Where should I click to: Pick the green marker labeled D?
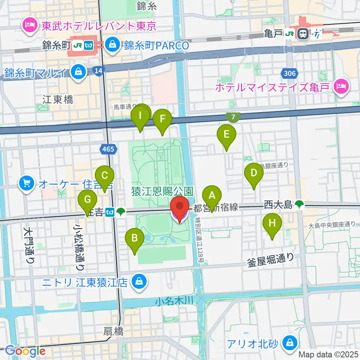(x=254, y=173)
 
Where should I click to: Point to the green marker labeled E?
(x=226, y=134)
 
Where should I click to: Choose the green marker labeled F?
(x=162, y=119)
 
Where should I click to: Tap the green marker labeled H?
(x=272, y=223)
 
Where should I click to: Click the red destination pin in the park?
(x=180, y=207)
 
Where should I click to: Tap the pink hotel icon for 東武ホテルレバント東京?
(x=28, y=25)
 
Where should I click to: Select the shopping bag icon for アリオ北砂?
(x=290, y=342)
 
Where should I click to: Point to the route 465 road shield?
(x=108, y=150)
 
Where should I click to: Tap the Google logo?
(x=25, y=351)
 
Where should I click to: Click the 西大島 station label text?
(x=277, y=205)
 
